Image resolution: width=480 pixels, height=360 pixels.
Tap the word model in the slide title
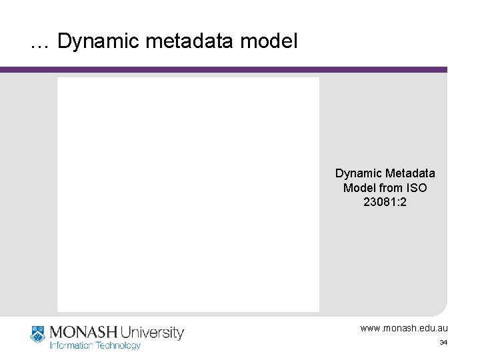point(267,41)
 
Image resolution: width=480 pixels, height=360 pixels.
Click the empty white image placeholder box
point(188,194)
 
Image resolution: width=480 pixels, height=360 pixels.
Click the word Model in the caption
point(359,188)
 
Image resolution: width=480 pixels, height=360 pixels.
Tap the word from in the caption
point(391,188)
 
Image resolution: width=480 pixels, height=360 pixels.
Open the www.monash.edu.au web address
point(404,329)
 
